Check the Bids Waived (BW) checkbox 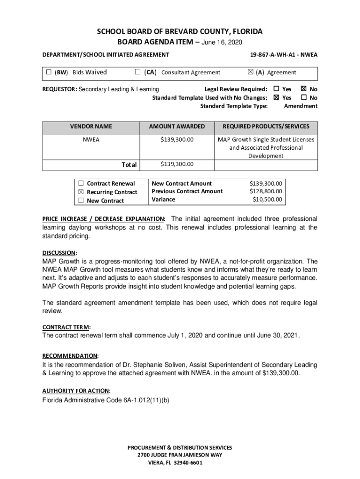(x=49, y=73)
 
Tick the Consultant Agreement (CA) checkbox (x=137, y=73)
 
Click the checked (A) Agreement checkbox (x=250, y=73)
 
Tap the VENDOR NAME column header (x=91, y=126)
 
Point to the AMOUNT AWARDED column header (x=177, y=126)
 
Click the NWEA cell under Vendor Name (x=91, y=139)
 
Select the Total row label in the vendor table (x=129, y=165)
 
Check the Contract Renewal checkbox (x=81, y=183)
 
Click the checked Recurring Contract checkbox (x=81, y=192)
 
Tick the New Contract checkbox (x=81, y=201)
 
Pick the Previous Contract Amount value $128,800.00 (x=266, y=191)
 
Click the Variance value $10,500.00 (x=267, y=200)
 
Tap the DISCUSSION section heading (x=59, y=253)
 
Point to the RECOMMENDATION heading (x=70, y=356)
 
